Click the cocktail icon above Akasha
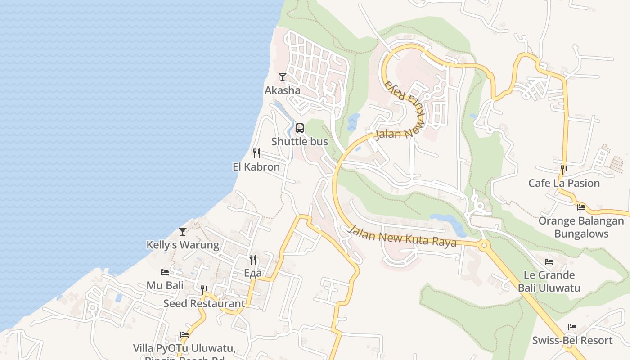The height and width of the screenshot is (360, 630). tap(282, 77)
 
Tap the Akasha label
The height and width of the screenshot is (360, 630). tap(282, 90)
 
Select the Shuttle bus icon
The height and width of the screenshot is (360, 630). tap(300, 128)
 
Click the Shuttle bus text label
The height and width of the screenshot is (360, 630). tap(300, 142)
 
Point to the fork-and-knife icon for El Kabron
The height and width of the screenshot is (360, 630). tap(256, 153)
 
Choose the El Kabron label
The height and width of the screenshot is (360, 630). tap(256, 167)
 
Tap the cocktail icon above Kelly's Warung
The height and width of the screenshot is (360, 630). tap(183, 232)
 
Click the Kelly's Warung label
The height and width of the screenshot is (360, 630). tap(183, 245)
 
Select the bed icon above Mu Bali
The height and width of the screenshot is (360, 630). tap(165, 272)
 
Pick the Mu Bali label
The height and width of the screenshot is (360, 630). tap(165, 285)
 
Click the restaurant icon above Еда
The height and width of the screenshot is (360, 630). tap(253, 260)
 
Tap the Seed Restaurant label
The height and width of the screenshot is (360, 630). tap(204, 303)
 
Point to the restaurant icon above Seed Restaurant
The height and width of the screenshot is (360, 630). tap(204, 290)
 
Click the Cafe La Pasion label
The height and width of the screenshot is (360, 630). tap(564, 183)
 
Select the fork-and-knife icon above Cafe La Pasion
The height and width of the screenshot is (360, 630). tap(564, 170)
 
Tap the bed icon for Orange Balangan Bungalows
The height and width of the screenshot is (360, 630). tap(581, 207)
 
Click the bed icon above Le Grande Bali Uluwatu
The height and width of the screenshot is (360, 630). tap(549, 261)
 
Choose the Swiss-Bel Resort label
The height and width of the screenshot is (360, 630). tap(572, 340)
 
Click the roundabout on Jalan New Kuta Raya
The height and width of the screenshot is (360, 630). tap(484, 246)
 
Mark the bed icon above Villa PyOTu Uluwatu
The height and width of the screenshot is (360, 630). tap(184, 335)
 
